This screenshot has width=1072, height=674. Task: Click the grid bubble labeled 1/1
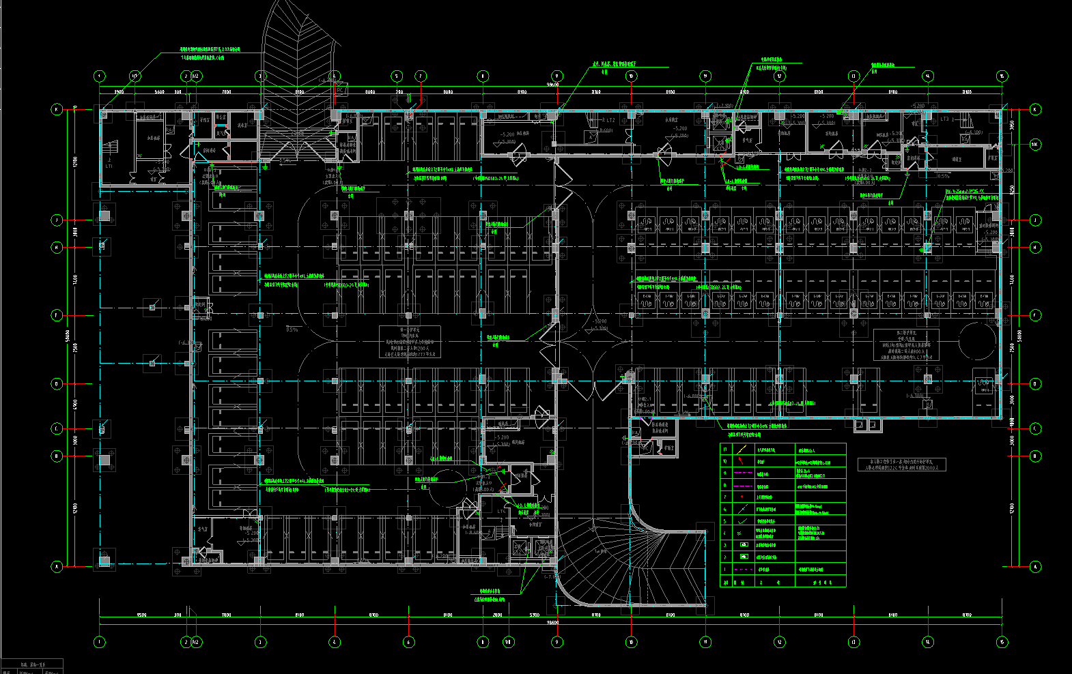coord(135,76)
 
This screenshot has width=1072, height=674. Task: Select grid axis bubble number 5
coord(397,76)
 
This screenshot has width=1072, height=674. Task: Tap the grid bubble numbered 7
coord(421,76)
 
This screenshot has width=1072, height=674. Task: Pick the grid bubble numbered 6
coord(409,642)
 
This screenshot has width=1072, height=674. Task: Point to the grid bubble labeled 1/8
coord(508,642)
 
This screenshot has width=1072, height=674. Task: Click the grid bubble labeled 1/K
coord(1035,145)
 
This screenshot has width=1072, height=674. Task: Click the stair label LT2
coord(609,121)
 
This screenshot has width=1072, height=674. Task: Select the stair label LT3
coord(946,119)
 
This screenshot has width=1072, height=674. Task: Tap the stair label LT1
coord(109,166)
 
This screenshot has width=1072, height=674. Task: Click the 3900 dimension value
coord(118,91)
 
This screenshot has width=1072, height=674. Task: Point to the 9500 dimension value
coord(142,615)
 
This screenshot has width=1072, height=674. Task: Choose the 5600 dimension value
coord(160,91)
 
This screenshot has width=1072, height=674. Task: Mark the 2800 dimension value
coord(497,615)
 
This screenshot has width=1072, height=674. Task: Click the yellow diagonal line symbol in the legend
coord(742,450)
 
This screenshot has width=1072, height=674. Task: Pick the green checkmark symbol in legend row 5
coord(742,521)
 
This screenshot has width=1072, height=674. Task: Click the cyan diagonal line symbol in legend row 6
coord(742,509)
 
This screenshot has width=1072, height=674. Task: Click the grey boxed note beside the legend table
coord(901,465)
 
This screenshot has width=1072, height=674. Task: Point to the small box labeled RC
coord(340,90)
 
